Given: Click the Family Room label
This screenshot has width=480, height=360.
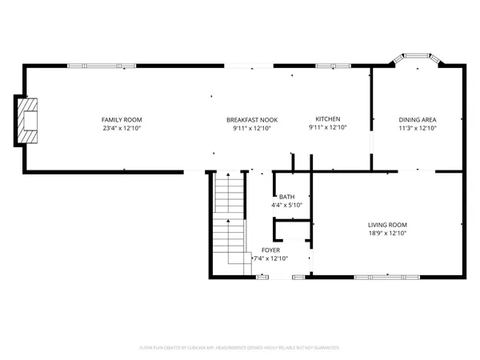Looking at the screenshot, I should pyautogui.click(x=116, y=120).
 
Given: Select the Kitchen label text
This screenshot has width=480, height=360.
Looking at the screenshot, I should pyautogui.click(x=328, y=119).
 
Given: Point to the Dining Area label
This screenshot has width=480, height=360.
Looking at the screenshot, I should pyautogui.click(x=418, y=120).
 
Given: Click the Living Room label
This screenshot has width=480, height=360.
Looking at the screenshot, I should pyautogui.click(x=387, y=225).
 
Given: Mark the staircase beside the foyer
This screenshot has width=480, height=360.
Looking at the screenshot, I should pyautogui.click(x=228, y=220).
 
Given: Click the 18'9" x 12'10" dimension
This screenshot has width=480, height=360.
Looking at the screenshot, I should pyautogui.click(x=387, y=234).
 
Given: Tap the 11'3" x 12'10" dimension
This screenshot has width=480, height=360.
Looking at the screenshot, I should pyautogui.click(x=418, y=128).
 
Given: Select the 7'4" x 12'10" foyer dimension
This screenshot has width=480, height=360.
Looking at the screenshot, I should pyautogui.click(x=270, y=258).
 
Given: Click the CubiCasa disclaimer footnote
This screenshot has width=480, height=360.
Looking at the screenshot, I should pyautogui.click(x=240, y=348).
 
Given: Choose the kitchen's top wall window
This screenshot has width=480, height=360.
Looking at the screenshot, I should pyautogui.click(x=329, y=66).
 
